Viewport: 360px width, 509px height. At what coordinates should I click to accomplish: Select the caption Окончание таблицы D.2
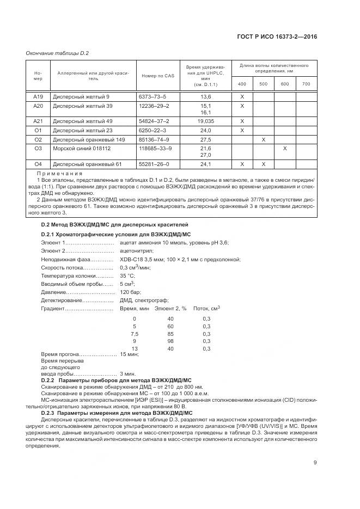click(x=57, y=53)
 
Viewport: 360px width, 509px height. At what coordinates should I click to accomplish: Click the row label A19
click(x=38, y=96)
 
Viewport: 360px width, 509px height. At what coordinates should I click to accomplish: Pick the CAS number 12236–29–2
click(x=154, y=105)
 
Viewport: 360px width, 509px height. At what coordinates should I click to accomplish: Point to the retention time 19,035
click(x=205, y=121)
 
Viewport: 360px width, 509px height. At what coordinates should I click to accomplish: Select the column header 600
click(x=285, y=84)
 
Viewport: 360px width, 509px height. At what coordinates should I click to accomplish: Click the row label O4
click(x=38, y=164)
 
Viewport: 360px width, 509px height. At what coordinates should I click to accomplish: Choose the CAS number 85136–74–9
click(x=154, y=139)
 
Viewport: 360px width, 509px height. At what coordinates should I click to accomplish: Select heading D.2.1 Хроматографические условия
click(x=116, y=234)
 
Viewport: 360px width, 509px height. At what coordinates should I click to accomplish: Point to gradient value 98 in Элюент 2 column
click(x=170, y=341)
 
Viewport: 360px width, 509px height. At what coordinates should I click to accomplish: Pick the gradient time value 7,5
click(x=135, y=333)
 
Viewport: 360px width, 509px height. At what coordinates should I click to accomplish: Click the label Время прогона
click(x=57, y=354)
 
